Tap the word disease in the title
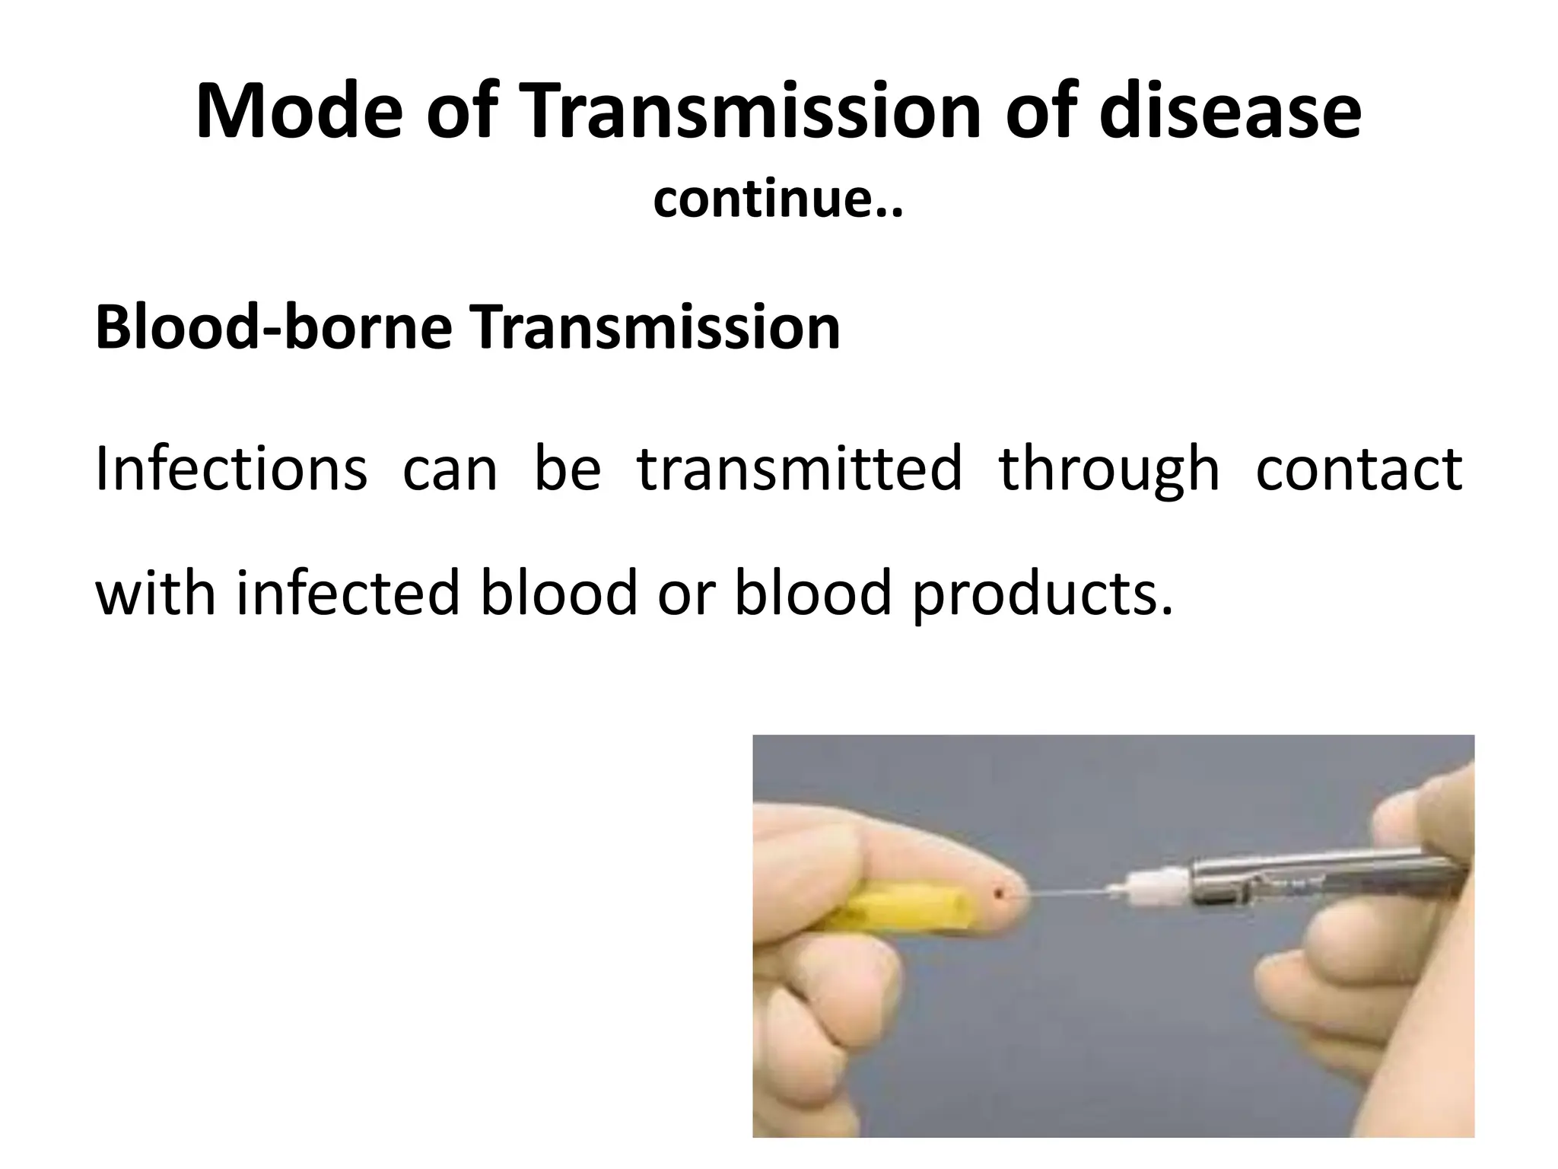[x=1230, y=112]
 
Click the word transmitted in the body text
[x=799, y=469]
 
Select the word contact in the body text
[x=1359, y=469]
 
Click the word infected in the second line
[x=348, y=593]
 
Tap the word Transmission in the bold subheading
[x=655, y=328]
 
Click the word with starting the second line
[x=155, y=593]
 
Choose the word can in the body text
[x=450, y=470]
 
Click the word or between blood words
[x=685, y=594]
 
